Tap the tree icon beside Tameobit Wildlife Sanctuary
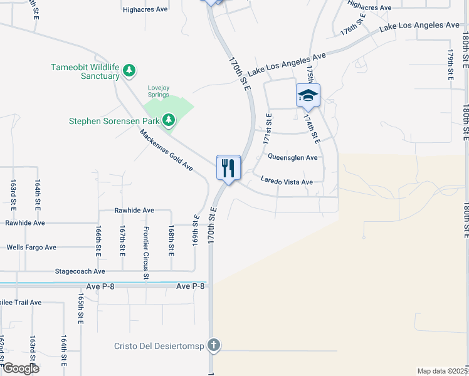click(x=129, y=70)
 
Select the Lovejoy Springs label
click(x=158, y=91)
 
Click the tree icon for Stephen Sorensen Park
click(x=169, y=119)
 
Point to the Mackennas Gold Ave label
click(x=166, y=150)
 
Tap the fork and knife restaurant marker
click(x=228, y=168)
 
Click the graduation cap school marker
click(x=308, y=95)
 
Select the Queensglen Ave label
click(x=293, y=157)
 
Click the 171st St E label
click(x=270, y=127)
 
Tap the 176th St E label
click(x=352, y=27)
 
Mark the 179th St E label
click(x=450, y=65)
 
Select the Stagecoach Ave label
click(x=80, y=271)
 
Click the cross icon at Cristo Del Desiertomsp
click(x=214, y=345)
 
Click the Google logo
click(x=20, y=368)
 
